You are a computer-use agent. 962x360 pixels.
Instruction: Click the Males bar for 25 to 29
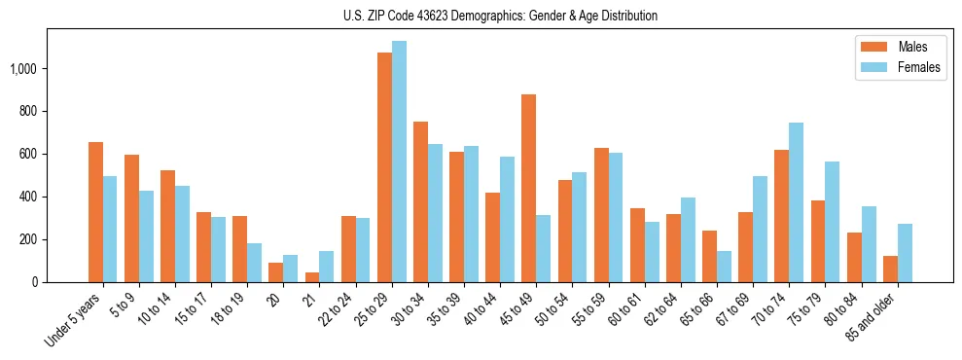(x=384, y=167)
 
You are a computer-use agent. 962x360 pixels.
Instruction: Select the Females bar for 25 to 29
(x=399, y=162)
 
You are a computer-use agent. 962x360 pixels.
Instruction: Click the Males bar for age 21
(x=312, y=277)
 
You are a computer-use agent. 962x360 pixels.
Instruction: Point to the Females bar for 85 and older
(x=905, y=253)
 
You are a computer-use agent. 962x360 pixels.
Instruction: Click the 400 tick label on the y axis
(x=26, y=197)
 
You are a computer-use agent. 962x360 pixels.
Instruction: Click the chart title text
(x=500, y=16)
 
